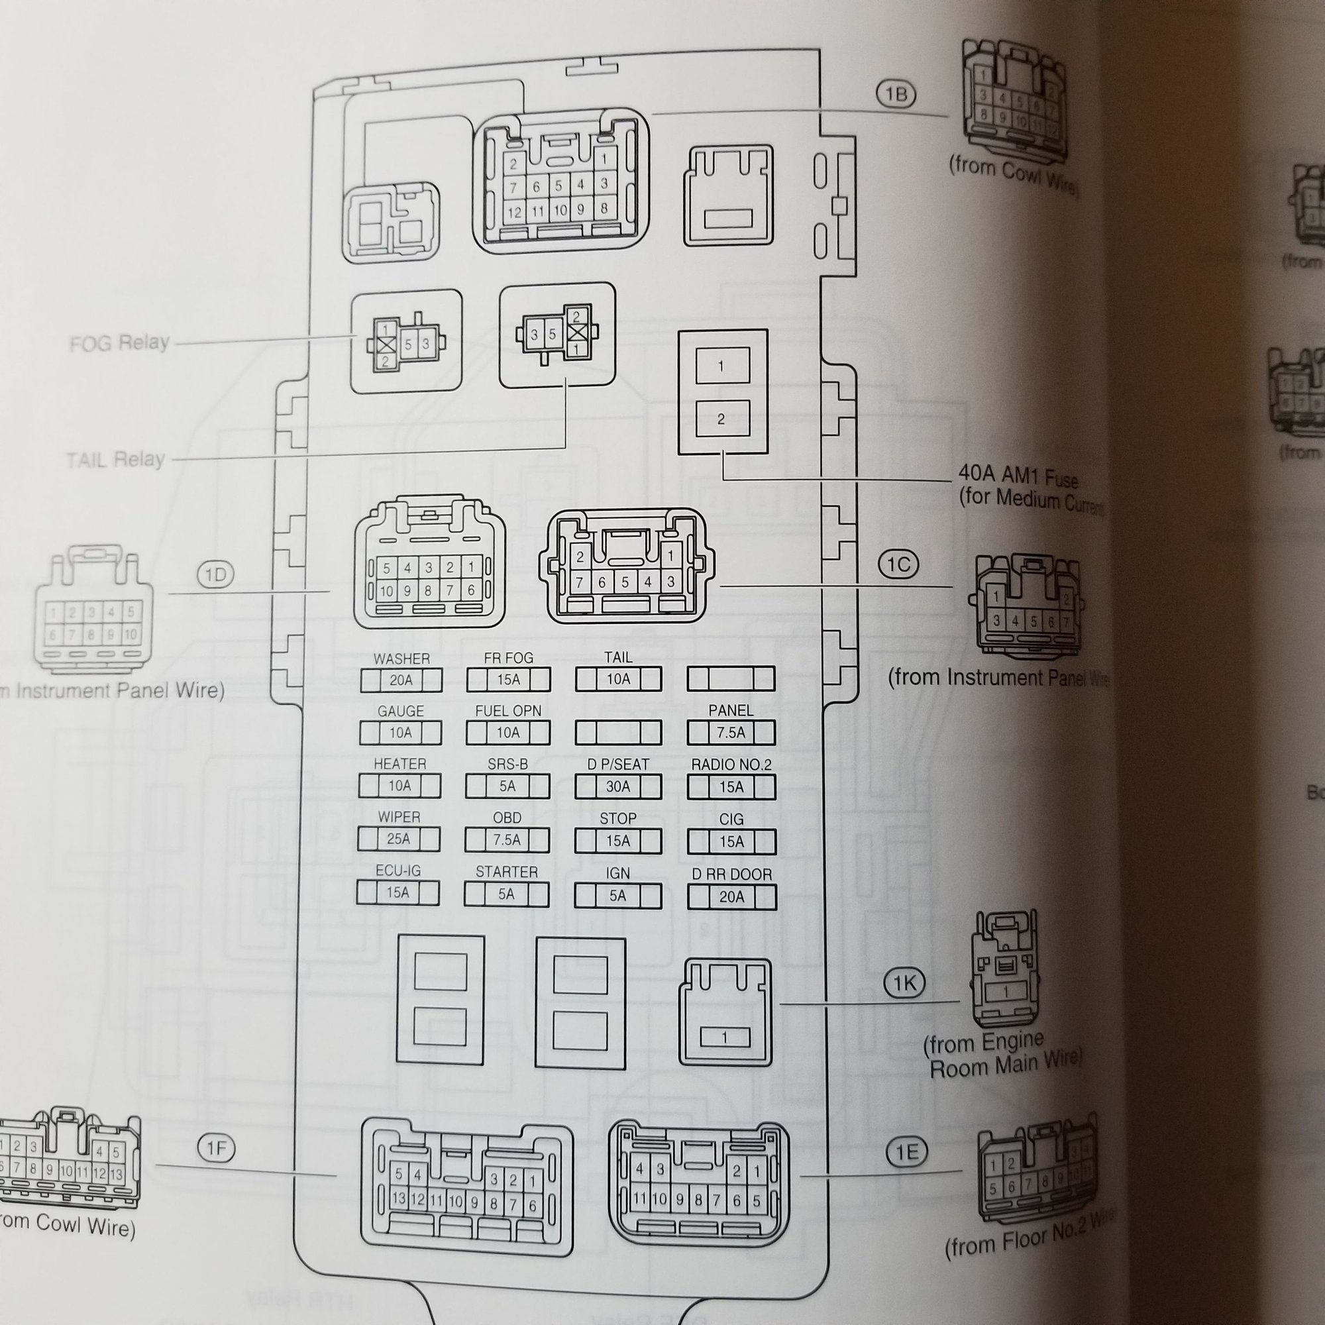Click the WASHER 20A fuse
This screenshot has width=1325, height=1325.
coord(401,680)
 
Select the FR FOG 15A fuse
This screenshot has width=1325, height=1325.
coord(507,680)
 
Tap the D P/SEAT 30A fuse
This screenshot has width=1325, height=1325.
coord(618,786)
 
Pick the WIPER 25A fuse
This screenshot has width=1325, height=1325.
coord(398,839)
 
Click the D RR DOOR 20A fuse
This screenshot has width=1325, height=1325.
coord(731,896)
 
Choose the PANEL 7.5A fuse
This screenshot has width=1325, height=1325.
coord(731,733)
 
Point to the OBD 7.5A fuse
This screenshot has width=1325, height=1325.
coord(507,839)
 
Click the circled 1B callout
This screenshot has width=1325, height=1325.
coord(896,94)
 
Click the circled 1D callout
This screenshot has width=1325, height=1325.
coord(215,574)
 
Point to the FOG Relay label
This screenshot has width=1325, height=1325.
coord(119,343)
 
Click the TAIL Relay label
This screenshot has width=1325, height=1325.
coord(116,459)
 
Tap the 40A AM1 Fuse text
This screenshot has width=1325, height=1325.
coord(1018,476)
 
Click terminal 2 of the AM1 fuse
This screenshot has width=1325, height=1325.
coord(721,419)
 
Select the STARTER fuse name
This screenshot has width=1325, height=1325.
coord(507,872)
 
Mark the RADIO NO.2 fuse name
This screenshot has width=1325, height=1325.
coord(731,765)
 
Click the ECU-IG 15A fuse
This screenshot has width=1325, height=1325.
coord(397,892)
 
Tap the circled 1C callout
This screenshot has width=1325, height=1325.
coord(898,564)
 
